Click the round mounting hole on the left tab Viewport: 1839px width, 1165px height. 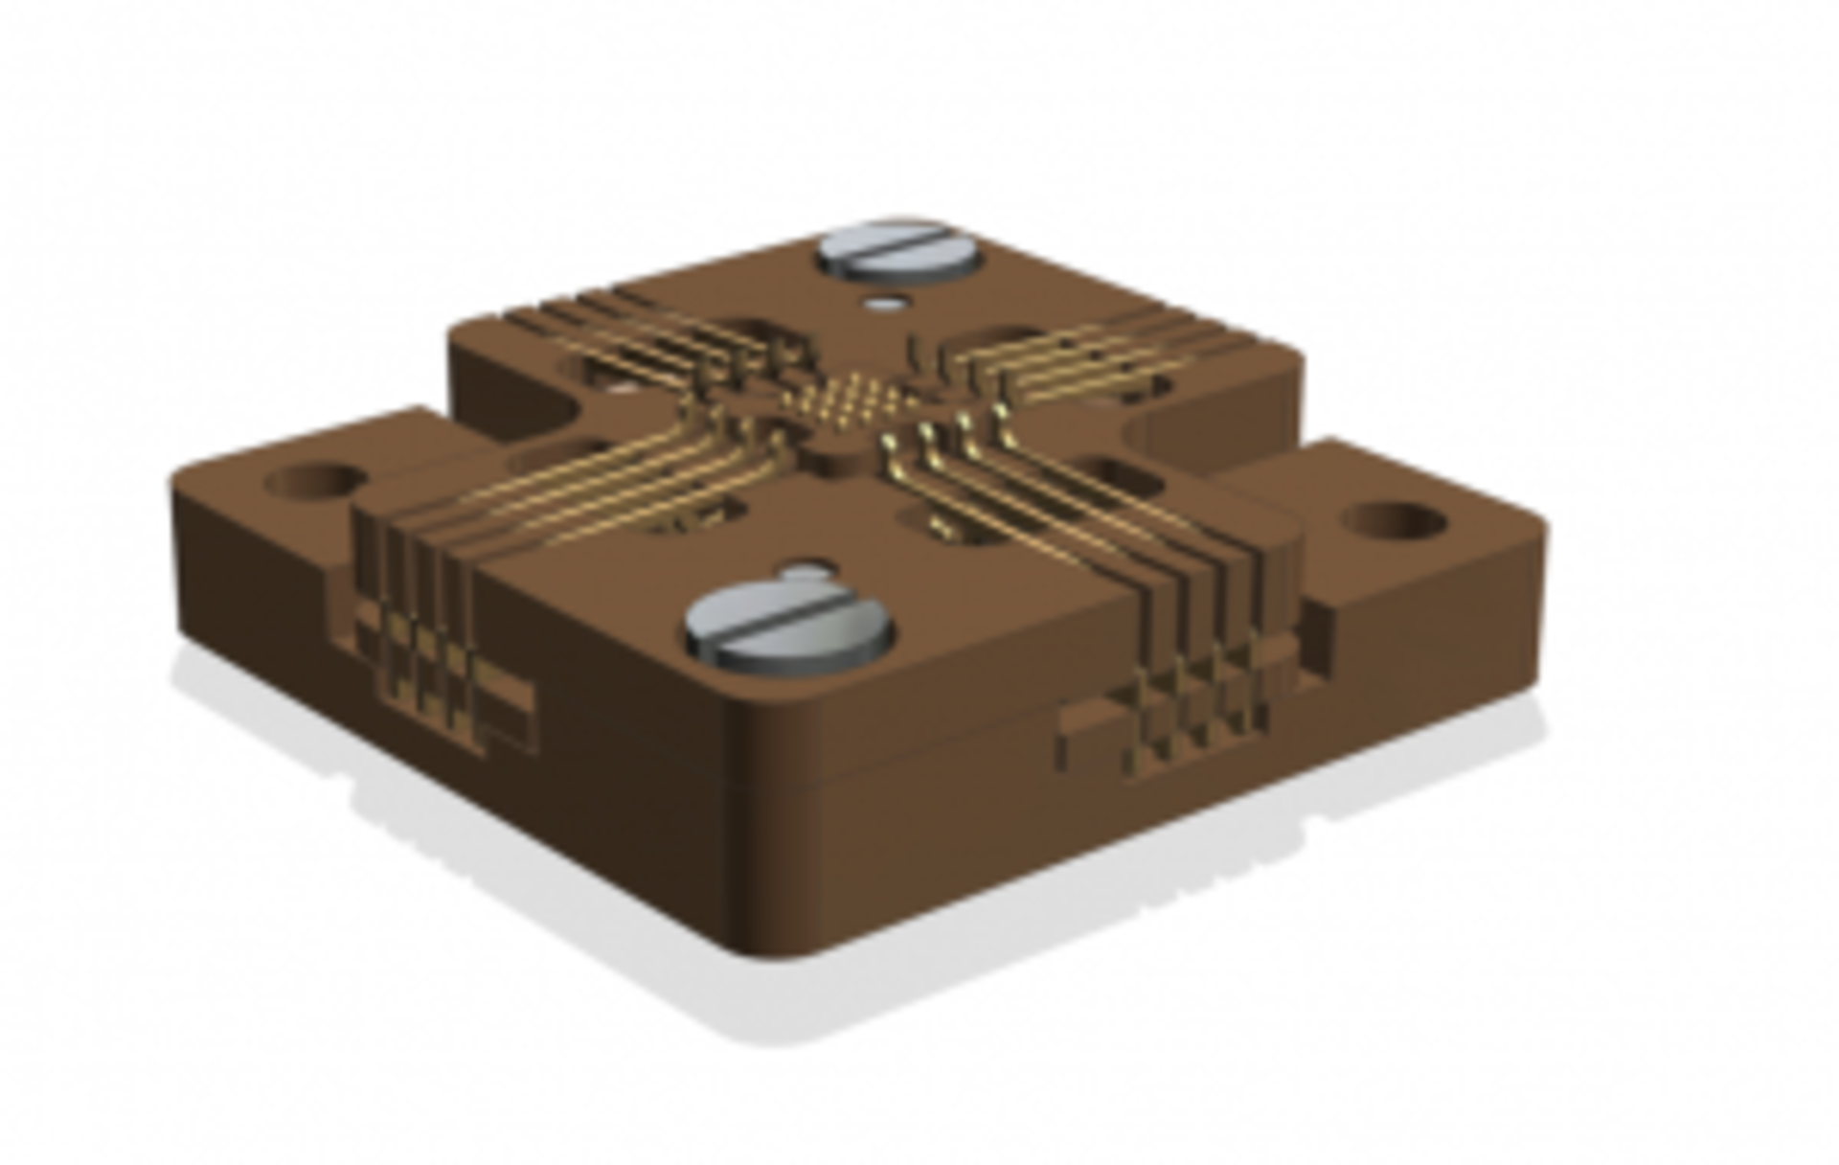tap(316, 481)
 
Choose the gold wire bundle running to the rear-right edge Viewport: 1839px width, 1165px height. tap(1073, 364)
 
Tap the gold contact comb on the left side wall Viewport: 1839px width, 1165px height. tap(421, 661)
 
